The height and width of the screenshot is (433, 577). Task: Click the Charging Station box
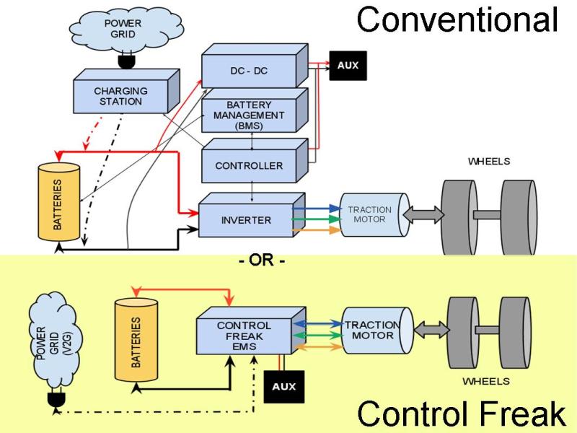[x=120, y=97]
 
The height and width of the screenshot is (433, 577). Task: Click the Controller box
[x=249, y=165]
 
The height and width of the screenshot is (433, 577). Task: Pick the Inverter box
[x=245, y=219]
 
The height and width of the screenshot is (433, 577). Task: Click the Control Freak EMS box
[x=244, y=337]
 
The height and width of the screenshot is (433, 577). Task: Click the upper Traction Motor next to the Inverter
[x=370, y=214]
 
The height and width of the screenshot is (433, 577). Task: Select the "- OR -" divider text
[x=262, y=261]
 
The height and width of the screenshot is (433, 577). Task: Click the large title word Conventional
[x=457, y=19]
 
